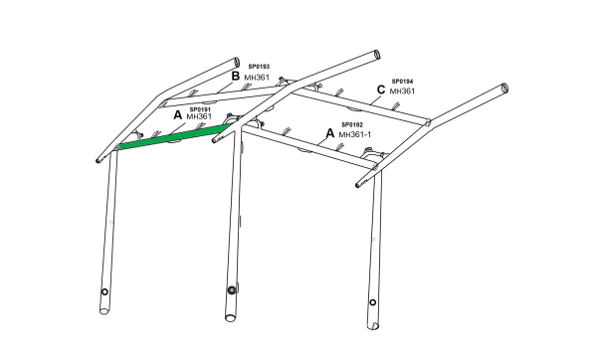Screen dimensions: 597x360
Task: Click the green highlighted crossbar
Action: (x=174, y=137)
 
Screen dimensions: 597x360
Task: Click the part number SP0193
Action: (x=259, y=67)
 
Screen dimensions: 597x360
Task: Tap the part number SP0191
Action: (x=200, y=109)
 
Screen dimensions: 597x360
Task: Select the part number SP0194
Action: (x=402, y=82)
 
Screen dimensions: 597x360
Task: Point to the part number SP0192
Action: (x=352, y=125)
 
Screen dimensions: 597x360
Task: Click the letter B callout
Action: (x=236, y=77)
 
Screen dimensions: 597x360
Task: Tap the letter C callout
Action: (x=381, y=90)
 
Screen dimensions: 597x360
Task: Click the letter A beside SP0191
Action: (x=178, y=115)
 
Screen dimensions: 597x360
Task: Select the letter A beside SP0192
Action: (x=330, y=133)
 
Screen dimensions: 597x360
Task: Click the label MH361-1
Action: (x=355, y=134)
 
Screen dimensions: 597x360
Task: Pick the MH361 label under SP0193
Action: (x=257, y=78)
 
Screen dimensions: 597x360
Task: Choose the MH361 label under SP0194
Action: (x=402, y=91)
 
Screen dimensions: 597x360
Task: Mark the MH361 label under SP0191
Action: (x=199, y=116)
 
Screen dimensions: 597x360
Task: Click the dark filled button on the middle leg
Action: (x=232, y=290)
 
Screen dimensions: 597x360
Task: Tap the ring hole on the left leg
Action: (x=104, y=292)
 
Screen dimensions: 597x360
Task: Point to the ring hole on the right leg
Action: (x=373, y=302)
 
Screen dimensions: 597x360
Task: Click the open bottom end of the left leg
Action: (x=103, y=311)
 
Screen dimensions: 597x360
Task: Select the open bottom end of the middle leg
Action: (x=230, y=317)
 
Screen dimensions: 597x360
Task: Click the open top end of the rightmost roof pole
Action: (x=504, y=88)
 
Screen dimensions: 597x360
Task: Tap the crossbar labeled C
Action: (x=361, y=106)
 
